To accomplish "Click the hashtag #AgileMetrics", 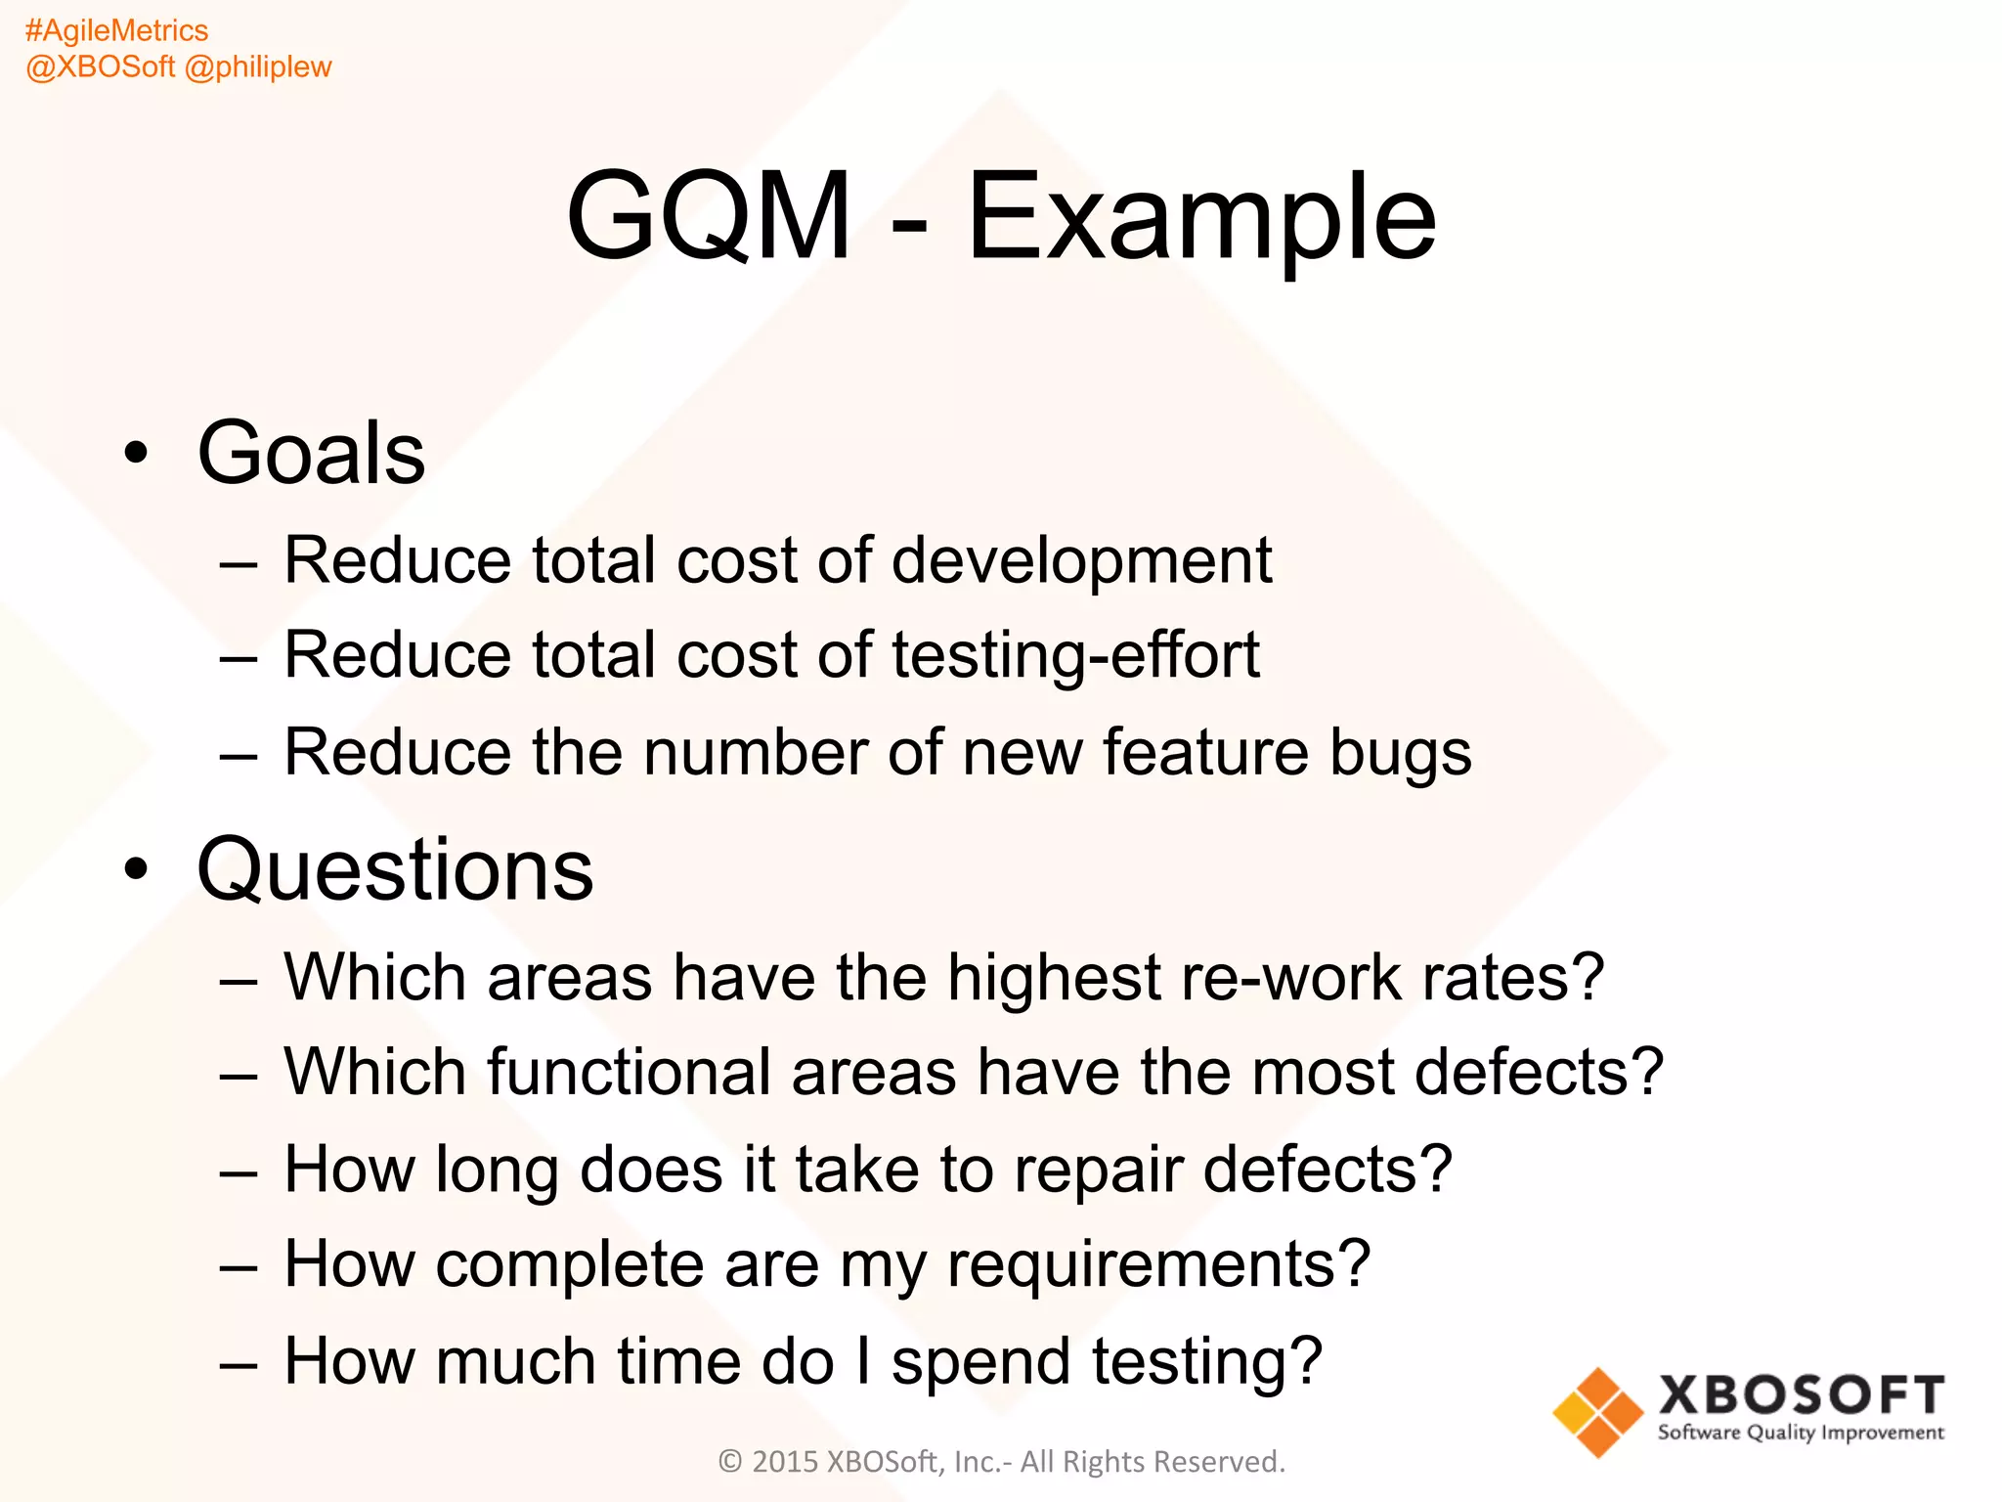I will (116, 30).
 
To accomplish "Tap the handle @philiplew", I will (258, 66).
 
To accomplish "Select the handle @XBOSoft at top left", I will (101, 66).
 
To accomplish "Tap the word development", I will (1081, 561).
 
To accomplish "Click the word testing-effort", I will (1075, 655).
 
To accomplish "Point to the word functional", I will (629, 1071).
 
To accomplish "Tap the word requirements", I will (1158, 1265).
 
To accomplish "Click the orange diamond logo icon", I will (1598, 1412).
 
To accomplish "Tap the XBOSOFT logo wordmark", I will (1801, 1395).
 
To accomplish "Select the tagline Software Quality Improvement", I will (1801, 1434).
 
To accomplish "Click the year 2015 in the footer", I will (785, 1462).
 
